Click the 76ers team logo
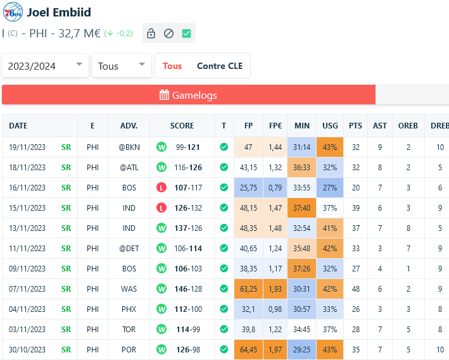pos(13,12)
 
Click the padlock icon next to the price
pos(151,34)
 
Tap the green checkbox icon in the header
pos(186,34)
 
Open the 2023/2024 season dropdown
pos(46,66)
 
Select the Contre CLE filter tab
pos(219,66)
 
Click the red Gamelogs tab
pos(188,95)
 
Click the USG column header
pos(330,126)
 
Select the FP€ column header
pos(275,126)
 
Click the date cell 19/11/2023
pos(27,147)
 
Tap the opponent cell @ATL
pos(129,168)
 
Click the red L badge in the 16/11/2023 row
pos(161,188)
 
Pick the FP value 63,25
pos(248,289)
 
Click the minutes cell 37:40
pos(302,208)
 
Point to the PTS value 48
pos(355,289)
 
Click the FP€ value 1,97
pos(275,349)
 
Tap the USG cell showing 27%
pos(330,188)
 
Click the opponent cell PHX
pos(129,309)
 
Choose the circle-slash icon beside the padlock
pos(168,34)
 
